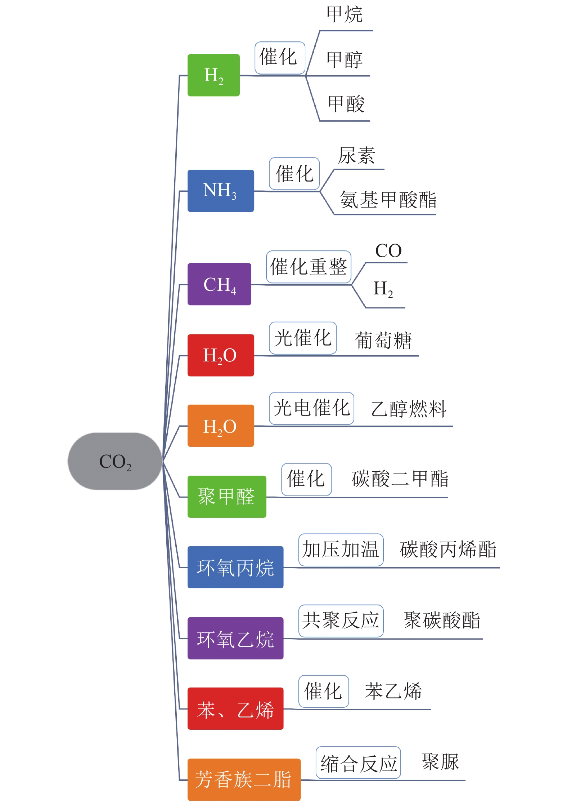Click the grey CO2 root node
coord(115,461)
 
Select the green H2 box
coord(213,75)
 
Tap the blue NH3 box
coord(220,191)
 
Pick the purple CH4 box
coord(219,284)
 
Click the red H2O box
coord(220,355)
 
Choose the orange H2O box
coord(220,426)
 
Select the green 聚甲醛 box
coord(226,497)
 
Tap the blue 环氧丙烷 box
coord(235,567)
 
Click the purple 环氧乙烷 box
coord(235,638)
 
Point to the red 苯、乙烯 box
coord(235,709)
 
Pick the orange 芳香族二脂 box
coord(244,779)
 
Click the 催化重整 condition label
coord(309,267)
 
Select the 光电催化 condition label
coord(311,408)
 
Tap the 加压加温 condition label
coord(341,550)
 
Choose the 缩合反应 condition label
coord(358,762)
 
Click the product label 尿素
coord(356,156)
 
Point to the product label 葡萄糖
coord(383,341)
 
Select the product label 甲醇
coord(345,60)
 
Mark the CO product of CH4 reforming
coord(388,251)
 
